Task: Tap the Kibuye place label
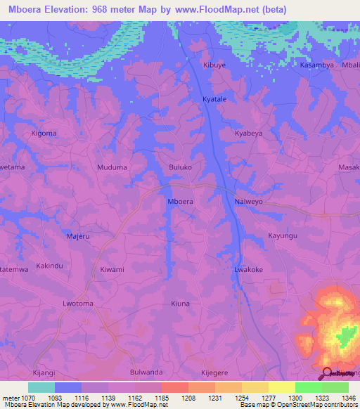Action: click(215, 65)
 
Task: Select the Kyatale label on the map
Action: click(214, 100)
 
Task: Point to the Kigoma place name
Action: click(44, 133)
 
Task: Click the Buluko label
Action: click(181, 168)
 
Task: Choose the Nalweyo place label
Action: click(248, 201)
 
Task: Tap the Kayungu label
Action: click(283, 236)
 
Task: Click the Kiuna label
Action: click(181, 304)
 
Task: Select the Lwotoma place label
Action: click(77, 304)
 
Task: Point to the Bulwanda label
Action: click(146, 372)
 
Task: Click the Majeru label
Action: click(77, 236)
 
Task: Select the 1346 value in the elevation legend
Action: click(340, 397)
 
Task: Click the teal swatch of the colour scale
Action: click(41, 387)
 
